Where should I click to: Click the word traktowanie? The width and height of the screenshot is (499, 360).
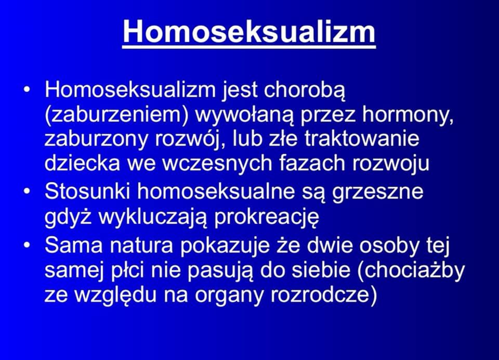(362, 139)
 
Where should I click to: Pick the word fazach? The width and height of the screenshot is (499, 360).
(315, 163)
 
